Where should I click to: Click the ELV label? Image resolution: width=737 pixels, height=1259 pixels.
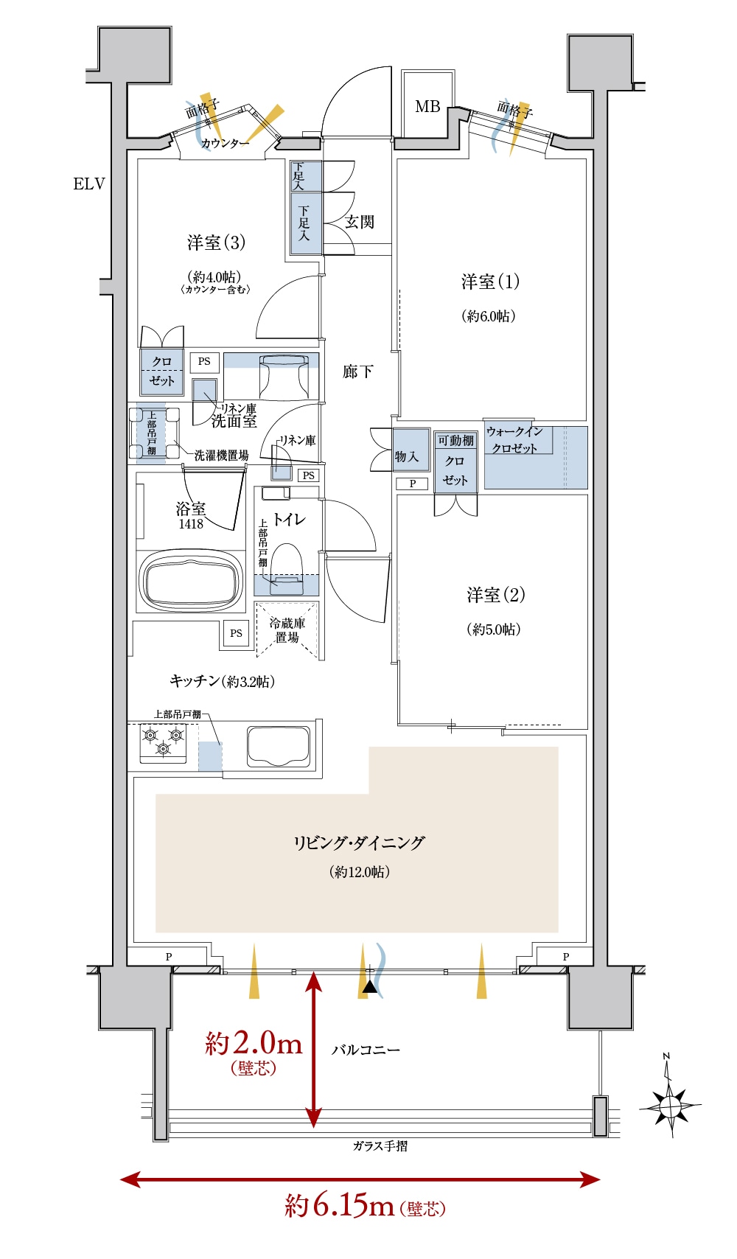89,184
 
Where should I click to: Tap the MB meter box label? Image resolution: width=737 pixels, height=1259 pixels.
427,106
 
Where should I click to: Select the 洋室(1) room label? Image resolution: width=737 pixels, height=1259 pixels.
490,281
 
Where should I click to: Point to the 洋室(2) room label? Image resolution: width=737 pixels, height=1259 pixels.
495,595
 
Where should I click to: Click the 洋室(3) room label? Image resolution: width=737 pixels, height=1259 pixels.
217,243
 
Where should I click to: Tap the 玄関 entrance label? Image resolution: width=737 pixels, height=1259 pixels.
359,221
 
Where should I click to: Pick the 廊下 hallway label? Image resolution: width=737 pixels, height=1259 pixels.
357,372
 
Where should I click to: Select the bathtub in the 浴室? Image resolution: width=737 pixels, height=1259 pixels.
191,582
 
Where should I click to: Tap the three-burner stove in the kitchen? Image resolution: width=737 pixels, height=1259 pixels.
163,742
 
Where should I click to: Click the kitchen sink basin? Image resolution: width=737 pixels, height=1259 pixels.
279,747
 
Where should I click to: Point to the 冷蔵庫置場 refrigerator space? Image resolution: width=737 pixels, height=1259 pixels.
287,630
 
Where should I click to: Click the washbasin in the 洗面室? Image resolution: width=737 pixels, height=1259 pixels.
284,376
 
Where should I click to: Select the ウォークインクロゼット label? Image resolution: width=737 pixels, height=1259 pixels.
514,439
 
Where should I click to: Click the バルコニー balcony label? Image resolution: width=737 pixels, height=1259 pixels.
366,1050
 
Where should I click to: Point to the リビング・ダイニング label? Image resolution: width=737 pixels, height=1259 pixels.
359,843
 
